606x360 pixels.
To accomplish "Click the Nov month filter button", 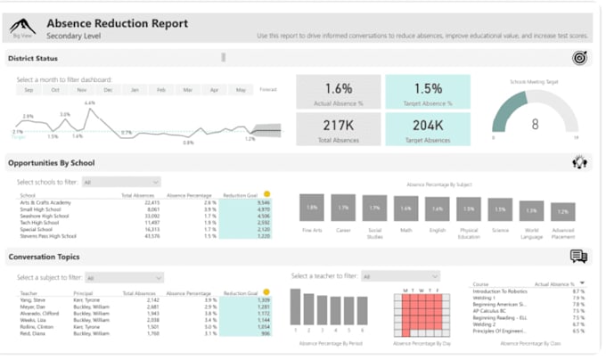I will pos(82,90).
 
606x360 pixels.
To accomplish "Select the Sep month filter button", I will pos(29,90).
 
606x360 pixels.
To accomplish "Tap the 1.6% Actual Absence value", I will pos(338,88).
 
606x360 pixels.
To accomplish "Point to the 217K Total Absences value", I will pos(338,126).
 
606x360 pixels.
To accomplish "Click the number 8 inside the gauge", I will pos(535,124).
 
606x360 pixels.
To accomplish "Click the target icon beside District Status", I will pos(579,58).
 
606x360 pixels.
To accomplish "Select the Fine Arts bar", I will pos(311,208).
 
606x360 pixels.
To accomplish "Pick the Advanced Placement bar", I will pos(561,213).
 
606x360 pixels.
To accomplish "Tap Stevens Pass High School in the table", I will pos(48,236).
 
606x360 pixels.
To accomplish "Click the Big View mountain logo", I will pos(22,27).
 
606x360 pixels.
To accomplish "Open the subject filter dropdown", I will pos(125,277).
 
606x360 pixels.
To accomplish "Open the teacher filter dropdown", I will pos(393,276).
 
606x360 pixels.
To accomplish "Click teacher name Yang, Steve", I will pos(32,299).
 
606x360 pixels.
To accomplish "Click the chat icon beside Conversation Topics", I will pos(578,257).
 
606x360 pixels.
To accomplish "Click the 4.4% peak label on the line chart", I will pos(89,103).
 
